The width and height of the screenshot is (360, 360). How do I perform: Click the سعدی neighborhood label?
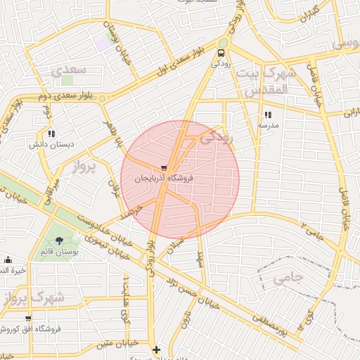tap(69, 70)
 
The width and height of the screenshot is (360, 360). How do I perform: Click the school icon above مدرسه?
tap(267, 115)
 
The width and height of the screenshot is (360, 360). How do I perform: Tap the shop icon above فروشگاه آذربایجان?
tap(164, 169)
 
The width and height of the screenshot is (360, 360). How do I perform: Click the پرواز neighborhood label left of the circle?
tap(86, 166)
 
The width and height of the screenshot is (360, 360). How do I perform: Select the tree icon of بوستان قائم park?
tap(58, 241)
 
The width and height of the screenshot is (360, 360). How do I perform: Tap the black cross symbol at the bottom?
tap(156, 349)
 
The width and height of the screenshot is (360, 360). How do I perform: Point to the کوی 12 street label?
tap(304, 319)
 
